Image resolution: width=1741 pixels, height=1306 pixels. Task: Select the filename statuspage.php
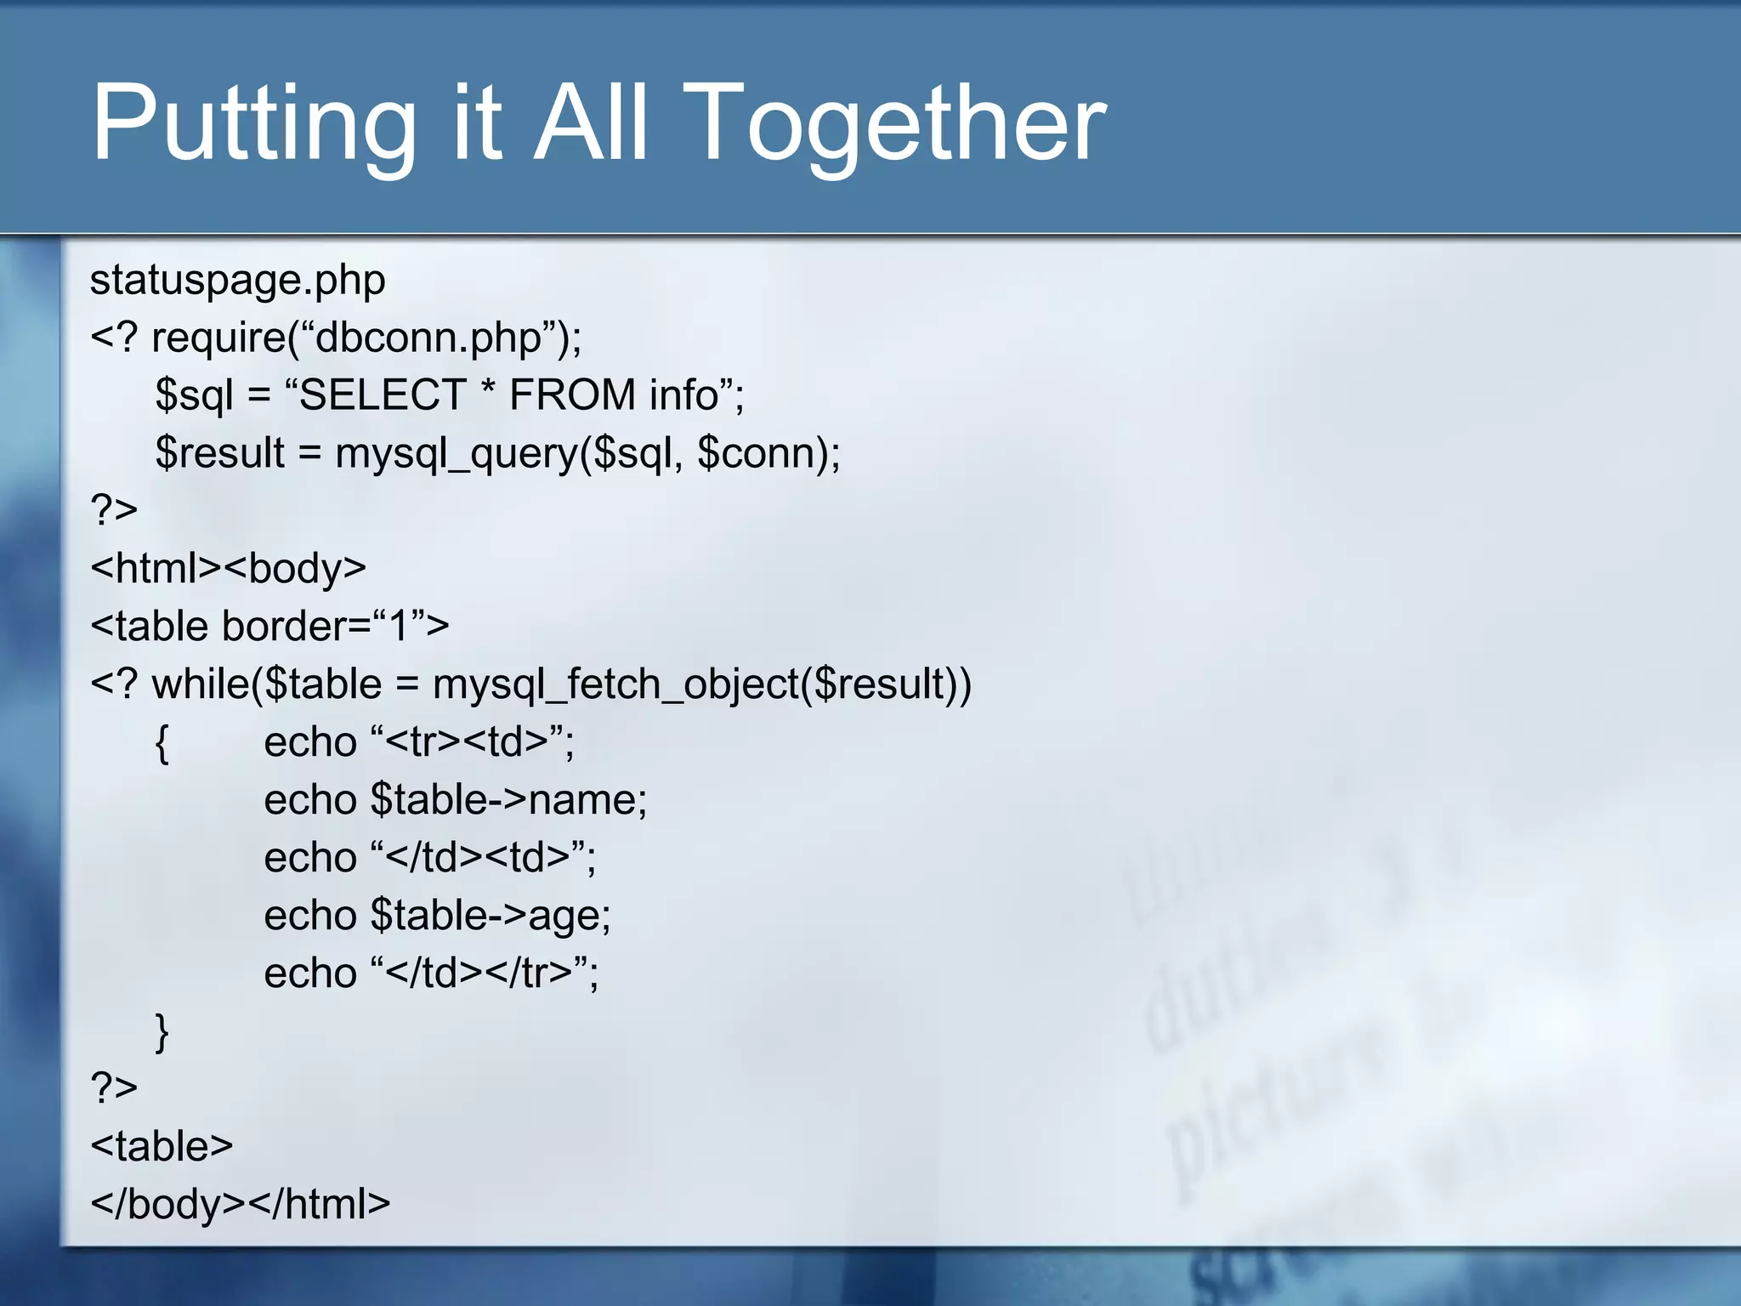click(237, 281)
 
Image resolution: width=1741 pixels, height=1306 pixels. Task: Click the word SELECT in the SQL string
click(383, 395)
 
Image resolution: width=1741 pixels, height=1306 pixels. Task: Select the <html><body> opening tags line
click(228, 568)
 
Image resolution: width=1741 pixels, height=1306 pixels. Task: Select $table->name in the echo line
click(508, 800)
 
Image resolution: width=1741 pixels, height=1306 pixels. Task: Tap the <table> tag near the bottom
click(162, 1146)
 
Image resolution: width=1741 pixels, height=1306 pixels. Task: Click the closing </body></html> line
click(240, 1205)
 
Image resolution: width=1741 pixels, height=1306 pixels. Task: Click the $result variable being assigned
click(220, 453)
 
